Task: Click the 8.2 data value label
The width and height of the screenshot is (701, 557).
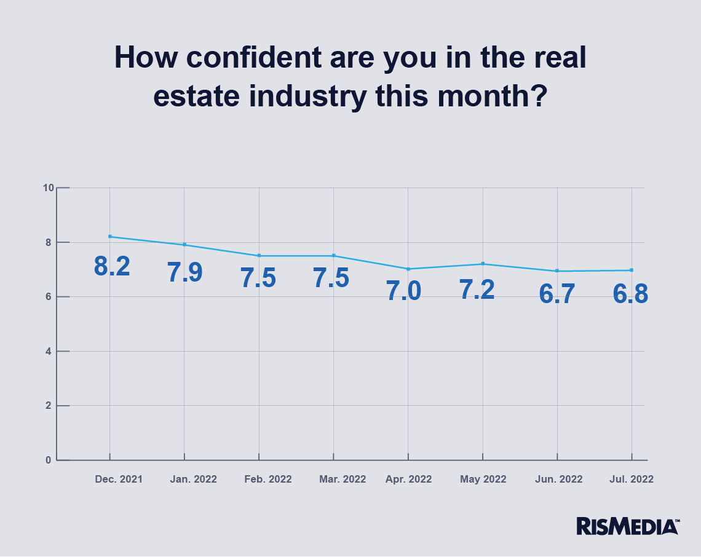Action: pyautogui.click(x=112, y=266)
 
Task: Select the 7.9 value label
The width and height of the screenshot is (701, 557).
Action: pyautogui.click(x=185, y=273)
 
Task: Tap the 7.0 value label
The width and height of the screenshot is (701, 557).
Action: pyautogui.click(x=404, y=290)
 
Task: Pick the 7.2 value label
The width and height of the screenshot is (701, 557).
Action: pyautogui.click(x=477, y=289)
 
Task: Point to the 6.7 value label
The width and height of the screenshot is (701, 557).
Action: pyautogui.click(x=557, y=294)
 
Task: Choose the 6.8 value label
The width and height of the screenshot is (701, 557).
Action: pyautogui.click(x=630, y=294)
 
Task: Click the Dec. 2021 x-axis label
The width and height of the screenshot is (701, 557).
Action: pyautogui.click(x=119, y=480)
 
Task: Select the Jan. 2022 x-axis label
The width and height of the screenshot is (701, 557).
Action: pyautogui.click(x=193, y=480)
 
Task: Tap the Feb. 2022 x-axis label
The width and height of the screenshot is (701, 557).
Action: pyautogui.click(x=268, y=480)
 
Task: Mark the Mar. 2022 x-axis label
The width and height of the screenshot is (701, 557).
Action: pyautogui.click(x=343, y=480)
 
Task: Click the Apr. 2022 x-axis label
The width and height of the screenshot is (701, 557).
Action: pyautogui.click(x=408, y=480)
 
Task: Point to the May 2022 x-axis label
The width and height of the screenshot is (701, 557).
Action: pyautogui.click(x=483, y=480)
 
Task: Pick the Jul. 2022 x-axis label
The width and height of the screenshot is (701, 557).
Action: pyautogui.click(x=632, y=480)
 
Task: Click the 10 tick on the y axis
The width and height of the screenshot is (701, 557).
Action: pyautogui.click(x=47, y=188)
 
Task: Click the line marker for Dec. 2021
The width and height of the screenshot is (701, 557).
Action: pyautogui.click(x=110, y=237)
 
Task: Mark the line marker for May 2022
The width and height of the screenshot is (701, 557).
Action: pyautogui.click(x=483, y=264)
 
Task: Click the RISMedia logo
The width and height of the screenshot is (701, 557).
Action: pyautogui.click(x=627, y=526)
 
